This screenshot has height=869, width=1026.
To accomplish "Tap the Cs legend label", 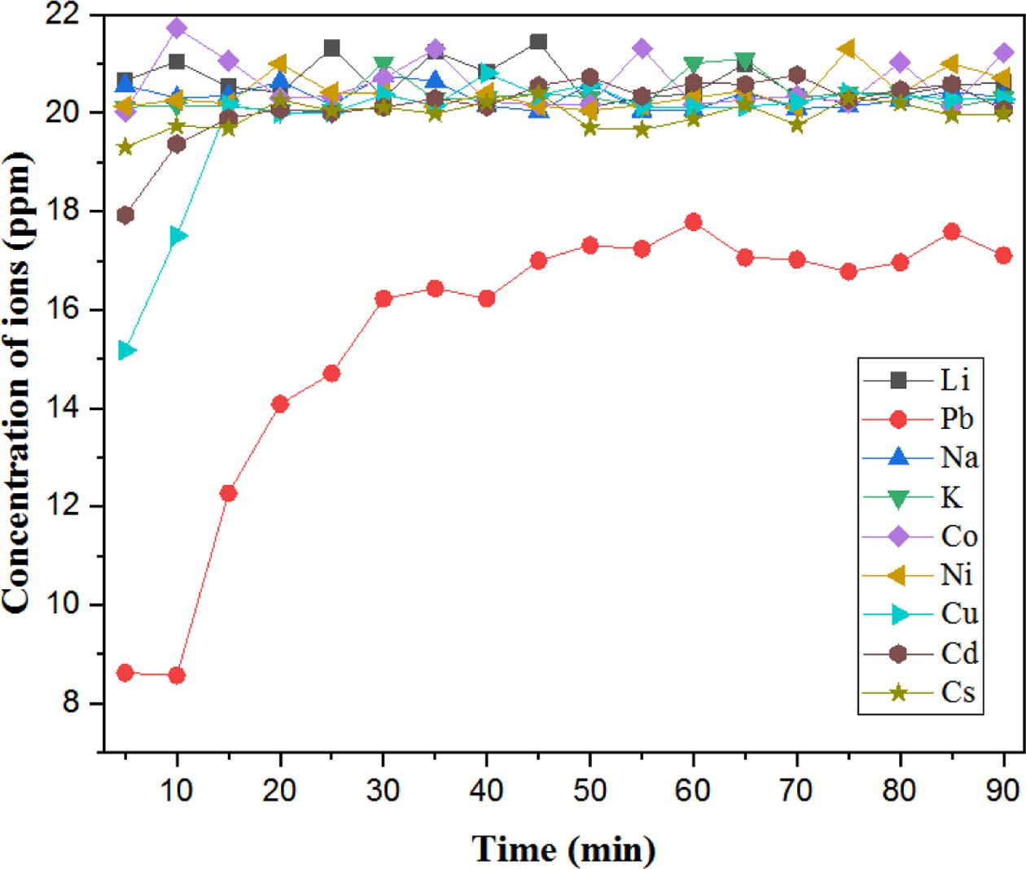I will [958, 692].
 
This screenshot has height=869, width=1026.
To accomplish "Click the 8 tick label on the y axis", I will [71, 702].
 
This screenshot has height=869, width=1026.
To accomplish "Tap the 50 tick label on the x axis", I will [590, 790].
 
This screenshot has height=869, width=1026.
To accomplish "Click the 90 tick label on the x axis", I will [1002, 790].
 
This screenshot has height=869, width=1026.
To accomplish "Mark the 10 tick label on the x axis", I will [177, 790].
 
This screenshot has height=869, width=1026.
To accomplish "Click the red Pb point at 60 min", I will [693, 222].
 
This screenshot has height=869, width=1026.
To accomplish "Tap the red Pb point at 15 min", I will [228, 493].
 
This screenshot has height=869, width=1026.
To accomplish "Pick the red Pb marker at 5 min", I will [125, 673].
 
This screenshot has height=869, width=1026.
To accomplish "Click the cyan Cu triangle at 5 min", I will [125, 351].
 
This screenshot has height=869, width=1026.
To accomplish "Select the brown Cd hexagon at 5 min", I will [125, 215].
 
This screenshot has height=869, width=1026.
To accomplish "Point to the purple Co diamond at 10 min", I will [177, 28].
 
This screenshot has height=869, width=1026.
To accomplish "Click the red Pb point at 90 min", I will [1003, 255].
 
